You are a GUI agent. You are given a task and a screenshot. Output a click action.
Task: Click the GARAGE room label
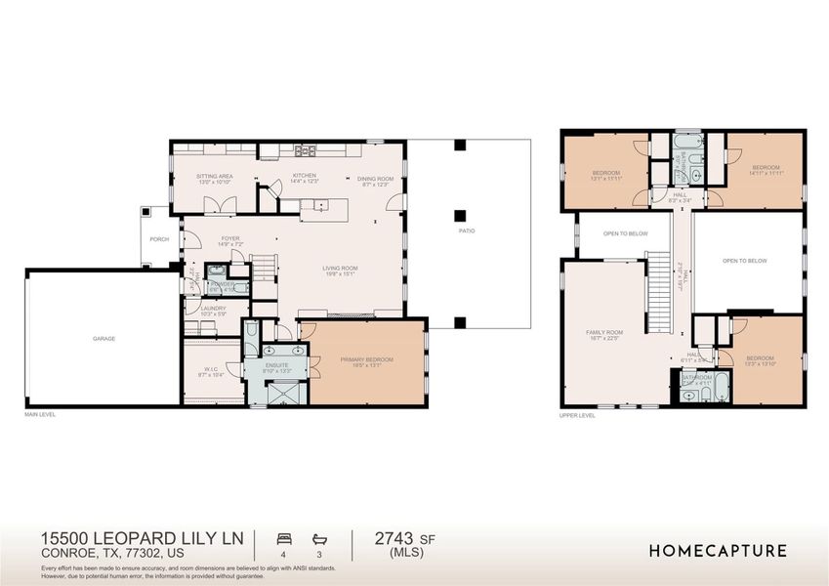point(104,338)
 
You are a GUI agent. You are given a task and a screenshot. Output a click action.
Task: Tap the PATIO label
point(468,231)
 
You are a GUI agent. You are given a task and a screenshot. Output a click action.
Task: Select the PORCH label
point(158,238)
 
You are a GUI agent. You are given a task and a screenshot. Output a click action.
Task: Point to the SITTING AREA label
point(214,177)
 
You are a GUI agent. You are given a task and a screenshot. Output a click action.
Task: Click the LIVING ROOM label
point(343,269)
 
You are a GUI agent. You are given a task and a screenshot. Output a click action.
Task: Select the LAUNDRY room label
point(213,309)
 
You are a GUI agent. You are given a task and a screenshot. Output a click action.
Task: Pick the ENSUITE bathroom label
point(278,365)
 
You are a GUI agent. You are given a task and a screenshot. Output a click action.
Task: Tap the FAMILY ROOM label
point(603,332)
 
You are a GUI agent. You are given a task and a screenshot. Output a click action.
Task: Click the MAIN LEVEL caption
point(40,414)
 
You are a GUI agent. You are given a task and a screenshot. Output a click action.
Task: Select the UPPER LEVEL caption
point(577,414)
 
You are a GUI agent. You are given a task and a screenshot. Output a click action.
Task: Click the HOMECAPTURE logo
point(718,551)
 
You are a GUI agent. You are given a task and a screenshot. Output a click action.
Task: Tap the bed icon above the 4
point(283,538)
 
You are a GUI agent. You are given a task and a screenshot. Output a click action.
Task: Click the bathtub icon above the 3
point(318,538)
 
